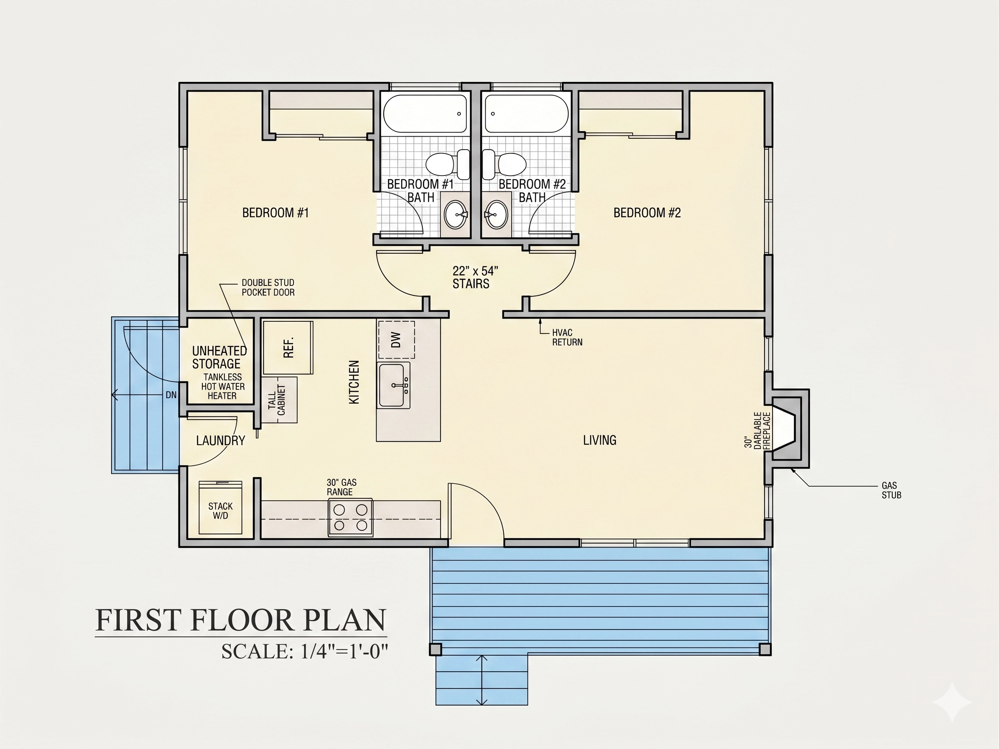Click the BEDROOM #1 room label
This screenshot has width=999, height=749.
(275, 213)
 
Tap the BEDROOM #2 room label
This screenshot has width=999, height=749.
(647, 213)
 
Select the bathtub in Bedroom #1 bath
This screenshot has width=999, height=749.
(425, 113)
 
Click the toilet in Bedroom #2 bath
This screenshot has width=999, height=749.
(504, 164)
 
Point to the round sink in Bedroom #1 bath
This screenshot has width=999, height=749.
(455, 215)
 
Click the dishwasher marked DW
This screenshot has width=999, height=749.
(396, 339)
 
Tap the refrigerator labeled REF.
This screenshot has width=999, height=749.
(288, 347)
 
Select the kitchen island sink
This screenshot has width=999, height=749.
(394, 385)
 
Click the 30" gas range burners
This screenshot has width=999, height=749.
(350, 517)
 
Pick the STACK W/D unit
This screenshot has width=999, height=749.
(220, 507)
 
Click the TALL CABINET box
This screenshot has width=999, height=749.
(280, 400)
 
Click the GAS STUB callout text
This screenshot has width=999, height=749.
(891, 490)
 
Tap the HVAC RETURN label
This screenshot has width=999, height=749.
(567, 337)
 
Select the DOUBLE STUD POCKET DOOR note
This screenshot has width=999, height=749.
(268, 288)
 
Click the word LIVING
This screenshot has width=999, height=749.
(599, 440)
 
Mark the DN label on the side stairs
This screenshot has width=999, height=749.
(171, 395)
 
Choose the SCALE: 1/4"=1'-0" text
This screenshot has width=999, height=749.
(304, 652)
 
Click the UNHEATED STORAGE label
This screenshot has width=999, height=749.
(219, 357)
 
